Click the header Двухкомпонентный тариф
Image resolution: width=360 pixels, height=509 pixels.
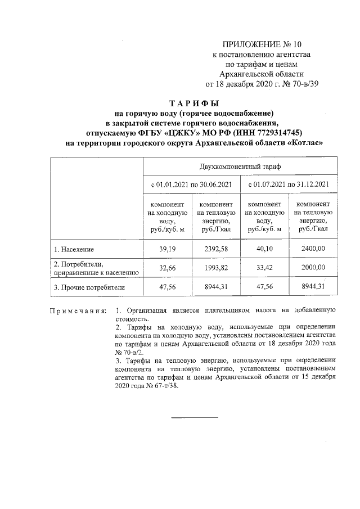point(240,167)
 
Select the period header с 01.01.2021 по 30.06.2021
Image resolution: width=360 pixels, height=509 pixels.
point(191,184)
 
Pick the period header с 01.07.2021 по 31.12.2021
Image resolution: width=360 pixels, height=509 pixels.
point(289,184)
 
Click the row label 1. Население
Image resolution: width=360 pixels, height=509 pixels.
point(74,249)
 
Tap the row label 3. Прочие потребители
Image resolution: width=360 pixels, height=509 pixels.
point(89,287)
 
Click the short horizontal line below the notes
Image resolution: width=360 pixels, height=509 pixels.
point(194,417)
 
